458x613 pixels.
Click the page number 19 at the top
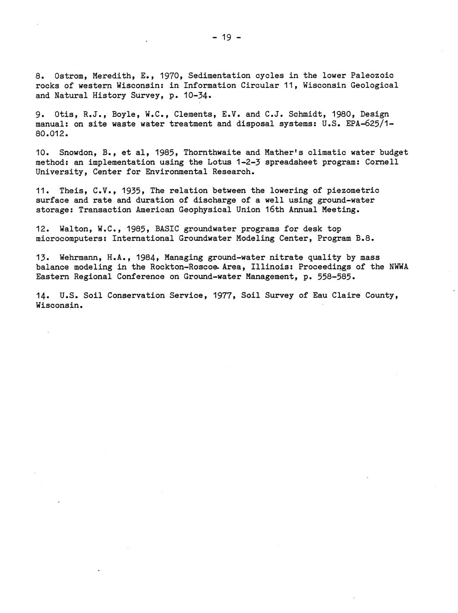click(227, 38)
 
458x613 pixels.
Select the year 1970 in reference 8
click(169, 76)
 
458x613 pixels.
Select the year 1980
click(341, 114)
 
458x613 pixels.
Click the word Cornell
click(381, 162)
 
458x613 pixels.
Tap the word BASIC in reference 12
click(167, 229)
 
